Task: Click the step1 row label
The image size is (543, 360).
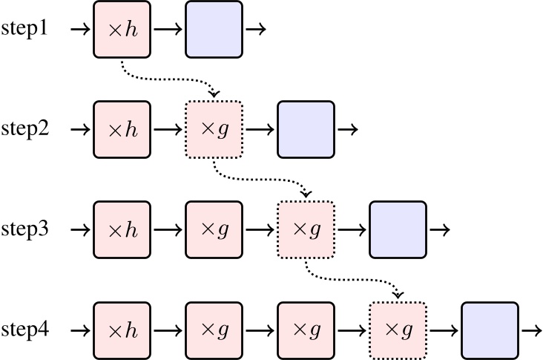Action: point(24,30)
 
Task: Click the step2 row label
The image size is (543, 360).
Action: point(24,130)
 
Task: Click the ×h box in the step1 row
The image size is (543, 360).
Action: point(122,30)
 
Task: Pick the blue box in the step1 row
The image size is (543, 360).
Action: point(214,30)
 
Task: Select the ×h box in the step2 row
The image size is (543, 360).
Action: point(122,130)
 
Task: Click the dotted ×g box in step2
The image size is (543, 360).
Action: point(214,130)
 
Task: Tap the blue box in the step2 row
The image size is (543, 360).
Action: point(306,130)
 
